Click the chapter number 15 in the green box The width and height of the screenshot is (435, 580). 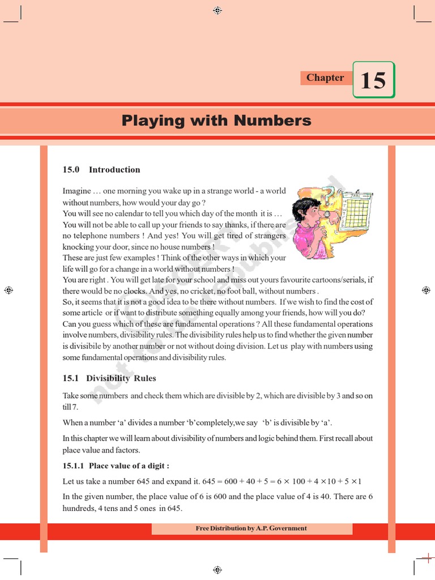pos(373,80)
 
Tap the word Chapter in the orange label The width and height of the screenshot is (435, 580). pos(325,78)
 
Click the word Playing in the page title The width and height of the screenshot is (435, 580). pos(145,121)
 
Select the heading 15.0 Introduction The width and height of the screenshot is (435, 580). pos(101,170)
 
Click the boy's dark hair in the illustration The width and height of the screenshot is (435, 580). pos(304,206)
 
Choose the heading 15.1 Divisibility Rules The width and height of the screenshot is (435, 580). pos(109,378)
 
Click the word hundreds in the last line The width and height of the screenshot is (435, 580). pos(77,509)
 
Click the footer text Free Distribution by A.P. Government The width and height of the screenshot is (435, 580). pos(251,528)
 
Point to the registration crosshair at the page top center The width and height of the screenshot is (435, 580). pos(217,10)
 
